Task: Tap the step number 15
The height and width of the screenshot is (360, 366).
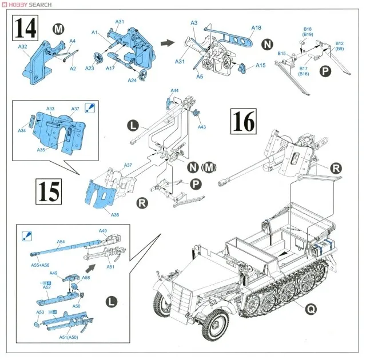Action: point(49,191)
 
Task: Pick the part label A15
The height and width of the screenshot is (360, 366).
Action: point(260,66)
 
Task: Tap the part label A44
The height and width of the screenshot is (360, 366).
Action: point(174,90)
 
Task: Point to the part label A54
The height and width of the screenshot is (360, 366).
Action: point(61,242)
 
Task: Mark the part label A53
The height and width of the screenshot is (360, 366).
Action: point(41,312)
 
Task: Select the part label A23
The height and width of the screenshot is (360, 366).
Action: point(89,67)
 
